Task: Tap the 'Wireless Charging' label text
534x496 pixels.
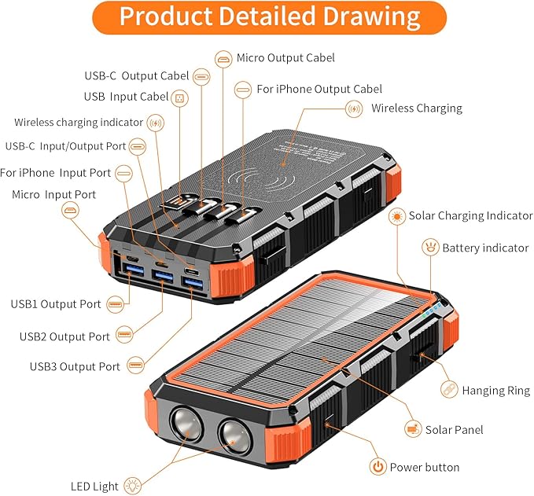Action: (x=416, y=108)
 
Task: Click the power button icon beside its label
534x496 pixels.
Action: (x=378, y=467)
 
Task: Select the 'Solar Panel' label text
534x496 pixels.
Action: (x=454, y=430)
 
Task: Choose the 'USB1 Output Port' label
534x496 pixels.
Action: (x=55, y=304)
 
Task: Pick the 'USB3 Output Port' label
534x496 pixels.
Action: (x=75, y=366)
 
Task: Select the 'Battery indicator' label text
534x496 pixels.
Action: (x=484, y=248)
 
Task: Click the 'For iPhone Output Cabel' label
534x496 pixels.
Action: (x=319, y=90)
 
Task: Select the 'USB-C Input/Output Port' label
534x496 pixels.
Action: (x=65, y=146)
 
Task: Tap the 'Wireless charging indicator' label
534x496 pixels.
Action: (x=79, y=123)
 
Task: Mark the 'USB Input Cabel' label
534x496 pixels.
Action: (x=126, y=97)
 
